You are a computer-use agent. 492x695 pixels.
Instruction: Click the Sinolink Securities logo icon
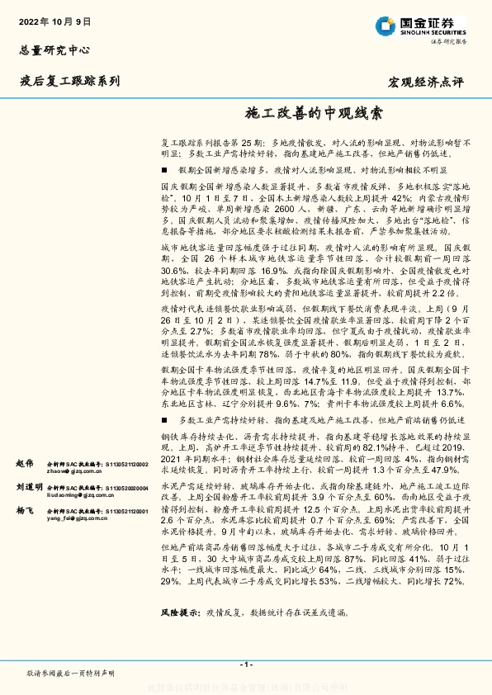(382, 25)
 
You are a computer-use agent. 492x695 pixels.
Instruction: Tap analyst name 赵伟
(23, 464)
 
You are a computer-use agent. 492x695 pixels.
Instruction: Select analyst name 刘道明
(27, 488)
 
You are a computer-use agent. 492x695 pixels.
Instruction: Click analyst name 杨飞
(23, 512)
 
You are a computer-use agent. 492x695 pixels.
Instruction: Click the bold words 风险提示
(180, 613)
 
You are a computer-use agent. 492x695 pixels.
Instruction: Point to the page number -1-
(245, 664)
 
